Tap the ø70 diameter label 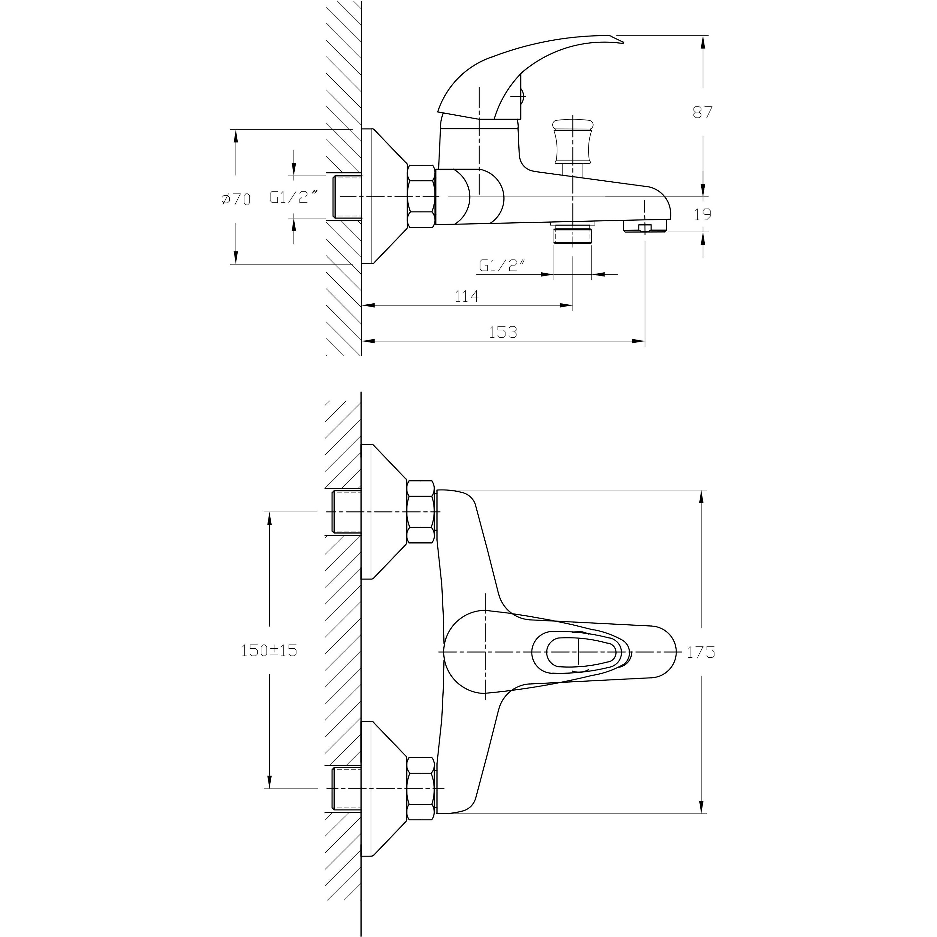(236, 199)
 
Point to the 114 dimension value (466, 296)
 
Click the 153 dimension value (503, 332)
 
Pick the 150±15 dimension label (269, 650)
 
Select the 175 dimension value (701, 652)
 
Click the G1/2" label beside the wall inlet (294, 197)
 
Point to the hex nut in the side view (421, 196)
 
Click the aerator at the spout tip (645, 226)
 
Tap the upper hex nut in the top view (421, 512)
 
